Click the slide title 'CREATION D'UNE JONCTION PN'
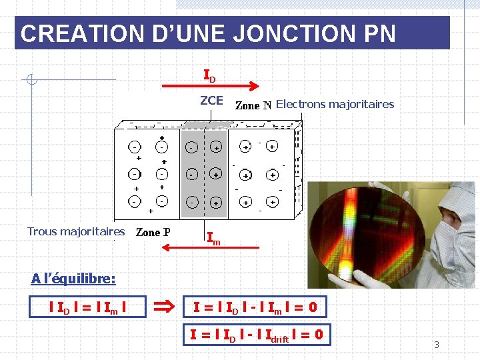coord(208,33)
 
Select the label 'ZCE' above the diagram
coord(211,101)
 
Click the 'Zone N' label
coord(253,105)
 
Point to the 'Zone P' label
coord(153,233)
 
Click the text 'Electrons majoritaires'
coord(335,104)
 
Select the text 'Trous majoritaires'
coord(76,232)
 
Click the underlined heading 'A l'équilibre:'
coord(73,278)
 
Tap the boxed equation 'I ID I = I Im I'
coord(89,308)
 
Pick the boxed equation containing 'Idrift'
coord(256,335)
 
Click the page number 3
coord(437,345)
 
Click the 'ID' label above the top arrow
coord(209,75)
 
